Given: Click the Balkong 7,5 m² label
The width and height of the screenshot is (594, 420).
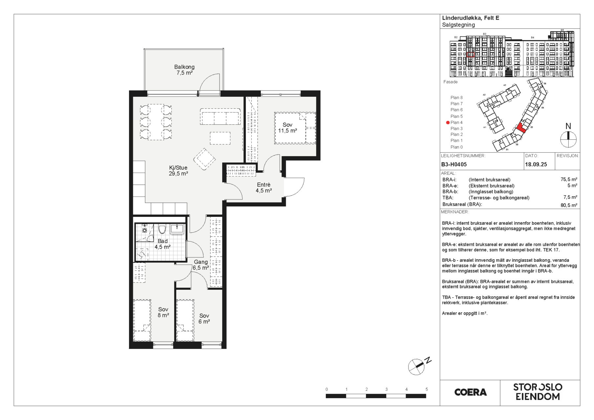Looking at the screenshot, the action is coord(184,70).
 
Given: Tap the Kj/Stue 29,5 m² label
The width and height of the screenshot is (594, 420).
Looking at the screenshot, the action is coord(178,171).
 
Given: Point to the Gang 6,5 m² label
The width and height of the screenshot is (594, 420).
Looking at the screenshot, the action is coord(201,265).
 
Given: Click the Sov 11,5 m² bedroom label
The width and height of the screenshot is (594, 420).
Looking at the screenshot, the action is coord(287,128).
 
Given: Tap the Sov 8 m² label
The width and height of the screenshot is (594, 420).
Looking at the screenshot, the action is coord(163,312).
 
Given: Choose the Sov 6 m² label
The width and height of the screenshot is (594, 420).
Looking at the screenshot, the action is coord(204,319).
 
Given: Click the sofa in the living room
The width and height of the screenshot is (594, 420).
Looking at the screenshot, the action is coord(220,116).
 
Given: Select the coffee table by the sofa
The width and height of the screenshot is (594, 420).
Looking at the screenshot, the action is coord(220,138).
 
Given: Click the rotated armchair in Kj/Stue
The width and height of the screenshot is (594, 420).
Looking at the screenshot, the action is coord(204,159).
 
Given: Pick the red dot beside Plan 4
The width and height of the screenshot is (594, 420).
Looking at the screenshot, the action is coord(448,122).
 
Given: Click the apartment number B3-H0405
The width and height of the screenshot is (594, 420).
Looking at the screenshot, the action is coord(454,164).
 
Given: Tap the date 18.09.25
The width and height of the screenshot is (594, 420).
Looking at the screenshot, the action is coord(536,164).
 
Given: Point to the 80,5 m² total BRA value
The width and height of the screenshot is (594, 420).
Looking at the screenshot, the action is coord(569,205).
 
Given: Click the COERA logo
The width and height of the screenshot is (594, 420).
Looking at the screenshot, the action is coord(471,392).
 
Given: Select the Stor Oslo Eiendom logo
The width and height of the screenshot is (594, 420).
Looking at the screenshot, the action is coord(538,392).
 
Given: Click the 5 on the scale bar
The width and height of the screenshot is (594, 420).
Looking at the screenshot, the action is coord(427,389).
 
